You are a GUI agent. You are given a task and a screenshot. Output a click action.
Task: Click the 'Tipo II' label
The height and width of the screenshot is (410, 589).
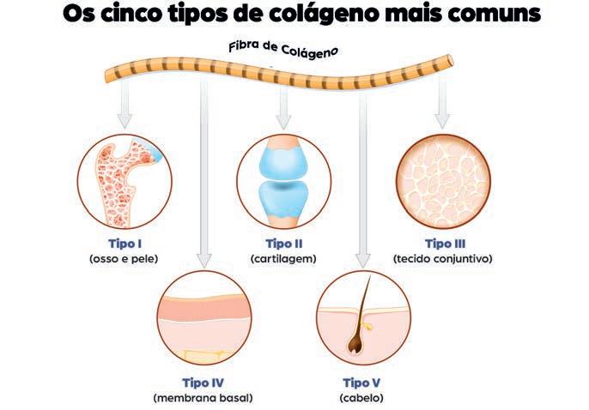coord(283,243)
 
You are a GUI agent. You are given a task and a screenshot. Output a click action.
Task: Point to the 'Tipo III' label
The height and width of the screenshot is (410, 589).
coord(441,243)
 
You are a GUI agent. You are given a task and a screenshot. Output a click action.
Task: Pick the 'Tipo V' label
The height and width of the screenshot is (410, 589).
coord(361,383)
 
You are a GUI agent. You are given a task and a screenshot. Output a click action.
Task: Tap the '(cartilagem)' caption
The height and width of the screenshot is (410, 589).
coord(283,257)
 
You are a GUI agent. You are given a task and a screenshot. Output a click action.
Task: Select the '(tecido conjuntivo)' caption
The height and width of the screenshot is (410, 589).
coord(442,257)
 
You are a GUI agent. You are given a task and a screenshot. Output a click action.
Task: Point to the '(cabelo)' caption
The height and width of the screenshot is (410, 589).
coord(361,397)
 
